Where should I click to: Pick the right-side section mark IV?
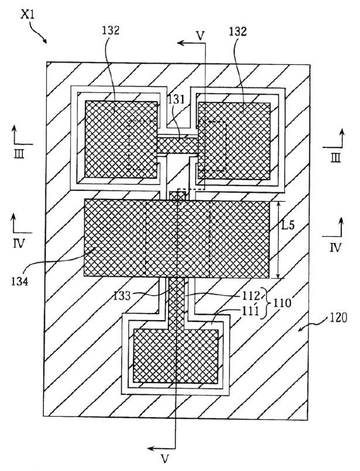point(335,246)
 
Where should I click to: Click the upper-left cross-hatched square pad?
point(121,139)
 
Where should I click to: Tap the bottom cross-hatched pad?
point(176,356)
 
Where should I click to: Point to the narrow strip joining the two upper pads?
point(178,142)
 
